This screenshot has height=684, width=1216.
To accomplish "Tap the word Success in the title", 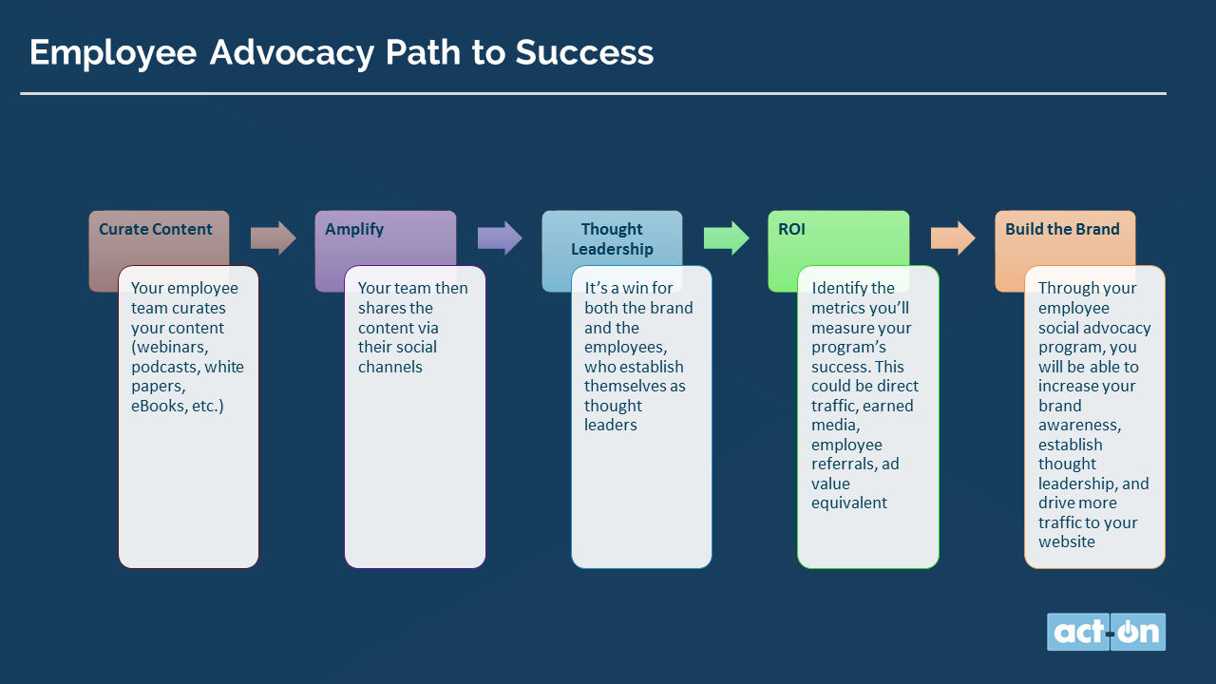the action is click(x=584, y=52).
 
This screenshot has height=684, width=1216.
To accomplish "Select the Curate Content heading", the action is click(x=155, y=229).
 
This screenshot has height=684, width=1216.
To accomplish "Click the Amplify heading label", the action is click(x=354, y=230).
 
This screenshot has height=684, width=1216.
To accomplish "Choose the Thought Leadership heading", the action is click(x=613, y=238).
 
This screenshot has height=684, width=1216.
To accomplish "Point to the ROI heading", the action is click(x=791, y=229).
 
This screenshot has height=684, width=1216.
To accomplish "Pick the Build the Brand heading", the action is click(x=1062, y=229).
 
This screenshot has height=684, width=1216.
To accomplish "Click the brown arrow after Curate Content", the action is click(x=273, y=237).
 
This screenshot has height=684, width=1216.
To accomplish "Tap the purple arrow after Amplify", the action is click(x=500, y=237).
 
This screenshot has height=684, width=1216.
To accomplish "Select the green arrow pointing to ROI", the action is click(x=727, y=237).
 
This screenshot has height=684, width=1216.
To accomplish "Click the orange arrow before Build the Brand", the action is click(x=953, y=237).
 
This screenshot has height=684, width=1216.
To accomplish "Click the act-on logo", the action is click(x=1106, y=632).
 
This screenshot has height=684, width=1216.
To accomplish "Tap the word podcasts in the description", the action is click(x=165, y=367).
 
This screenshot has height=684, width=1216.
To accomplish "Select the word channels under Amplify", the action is click(x=389, y=367).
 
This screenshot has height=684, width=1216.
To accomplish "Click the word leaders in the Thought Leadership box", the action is click(x=610, y=425).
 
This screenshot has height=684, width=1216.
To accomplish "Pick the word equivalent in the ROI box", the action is click(x=849, y=503).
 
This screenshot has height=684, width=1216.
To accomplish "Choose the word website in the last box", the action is click(x=1067, y=541).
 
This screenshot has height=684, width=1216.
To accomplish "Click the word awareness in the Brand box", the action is click(x=1080, y=425).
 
